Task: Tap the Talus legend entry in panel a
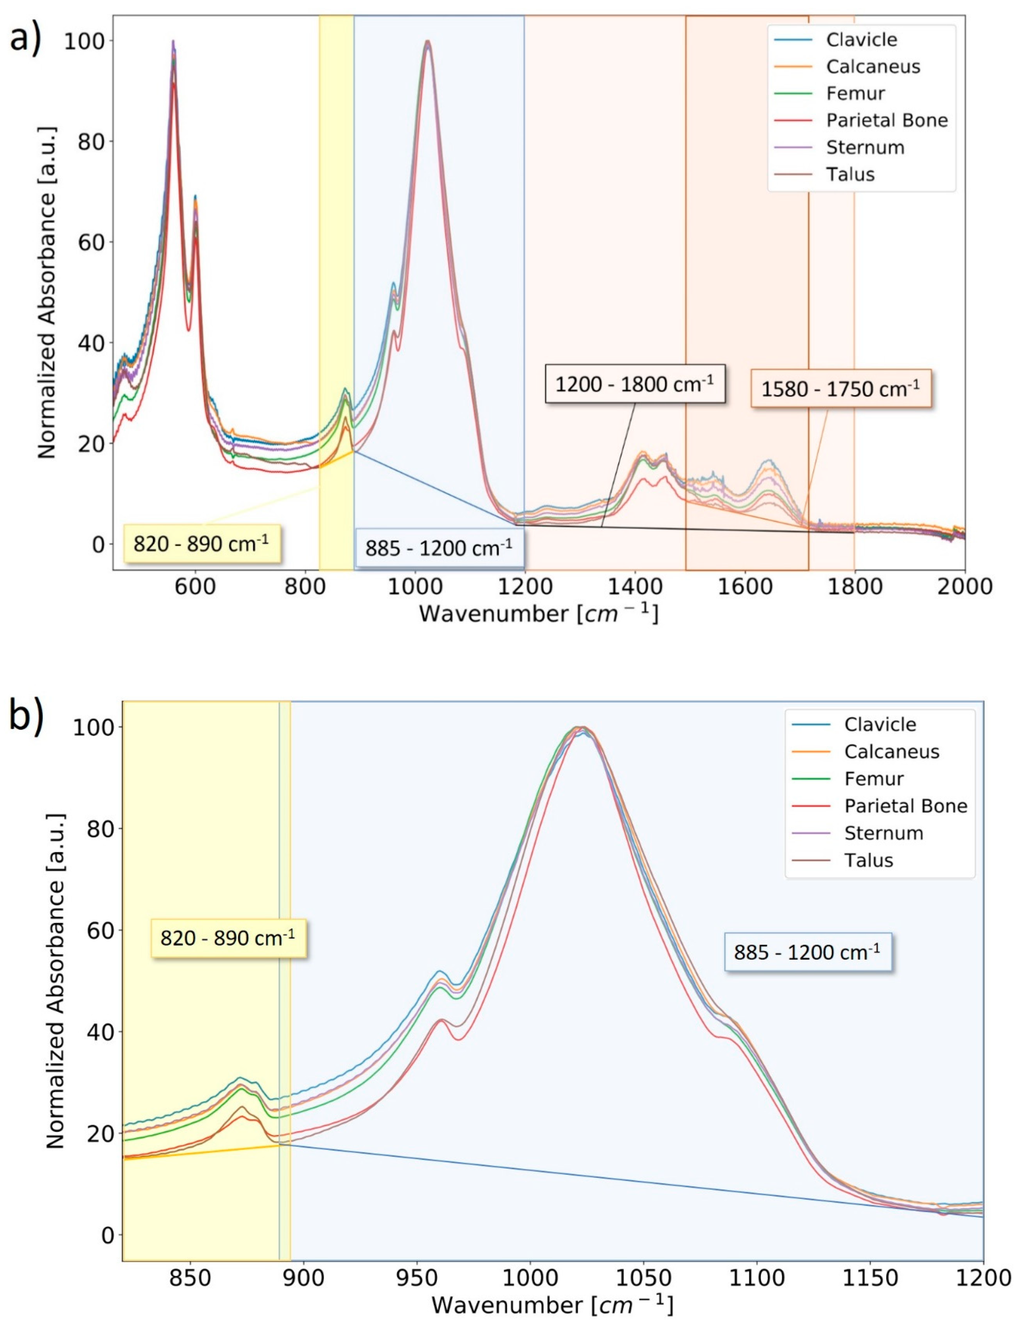(850, 175)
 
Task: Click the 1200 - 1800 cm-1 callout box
(634, 384)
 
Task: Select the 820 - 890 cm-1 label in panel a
(201, 543)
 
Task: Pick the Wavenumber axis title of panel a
(538, 614)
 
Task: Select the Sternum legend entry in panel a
(864, 147)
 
